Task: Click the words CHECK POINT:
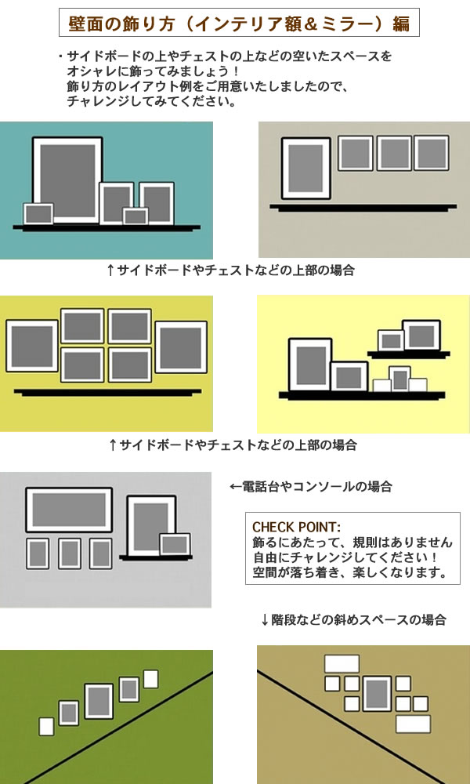[x=297, y=527]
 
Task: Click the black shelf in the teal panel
[x=107, y=227]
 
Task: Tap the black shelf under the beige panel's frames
[x=363, y=207]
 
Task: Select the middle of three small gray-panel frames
[x=70, y=554]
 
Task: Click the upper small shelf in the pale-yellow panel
[x=409, y=354]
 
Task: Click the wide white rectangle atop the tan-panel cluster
[x=342, y=663]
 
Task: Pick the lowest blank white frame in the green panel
[x=46, y=727]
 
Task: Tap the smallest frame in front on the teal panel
[x=136, y=216]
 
